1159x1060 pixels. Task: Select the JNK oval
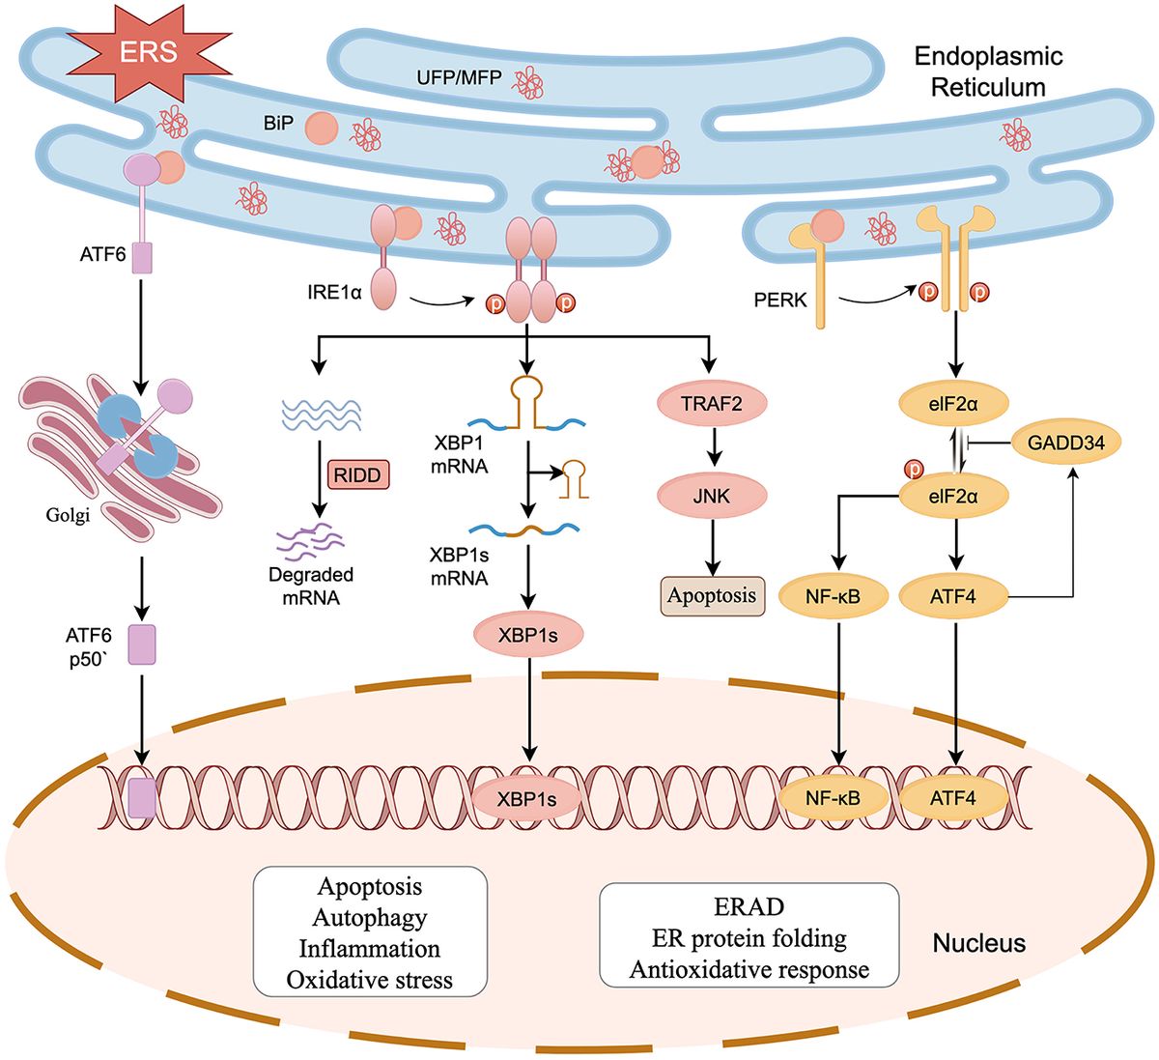pyautogui.click(x=710, y=497)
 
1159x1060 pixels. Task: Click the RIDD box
pyautogui.click(x=358, y=473)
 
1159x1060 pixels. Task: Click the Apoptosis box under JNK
pyautogui.click(x=711, y=595)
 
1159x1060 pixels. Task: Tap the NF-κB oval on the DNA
pyautogui.click(x=833, y=798)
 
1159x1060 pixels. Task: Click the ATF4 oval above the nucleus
pyautogui.click(x=952, y=596)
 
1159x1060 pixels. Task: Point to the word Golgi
pyautogui.click(x=68, y=516)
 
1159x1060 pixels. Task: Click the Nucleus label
pyautogui.click(x=978, y=942)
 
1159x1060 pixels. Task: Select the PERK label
pyautogui.click(x=779, y=301)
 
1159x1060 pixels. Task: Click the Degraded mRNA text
pyautogui.click(x=311, y=586)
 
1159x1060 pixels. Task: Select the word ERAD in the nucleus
pyautogui.click(x=749, y=907)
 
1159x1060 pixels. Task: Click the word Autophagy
pyautogui.click(x=369, y=917)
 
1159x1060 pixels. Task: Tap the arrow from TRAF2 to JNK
pyautogui.click(x=711, y=449)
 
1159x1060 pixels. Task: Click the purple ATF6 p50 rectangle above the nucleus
pyautogui.click(x=142, y=645)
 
